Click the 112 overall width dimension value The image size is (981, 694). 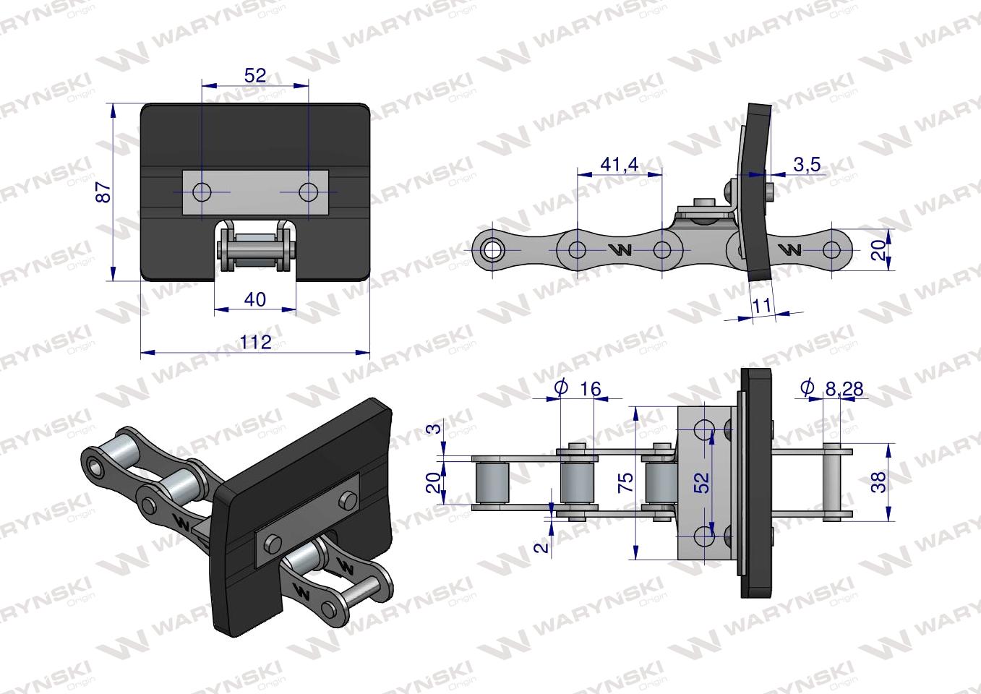point(255,341)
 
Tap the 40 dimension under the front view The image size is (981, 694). point(255,299)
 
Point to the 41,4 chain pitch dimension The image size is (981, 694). point(620,165)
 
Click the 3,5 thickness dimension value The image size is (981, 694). point(807,165)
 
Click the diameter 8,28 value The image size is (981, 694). point(842,389)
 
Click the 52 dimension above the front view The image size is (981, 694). point(255,75)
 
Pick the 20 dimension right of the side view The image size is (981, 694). point(878,249)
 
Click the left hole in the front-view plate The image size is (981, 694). point(202,192)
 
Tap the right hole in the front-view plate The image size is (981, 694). point(309,192)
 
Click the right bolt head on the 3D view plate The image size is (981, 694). point(348,500)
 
